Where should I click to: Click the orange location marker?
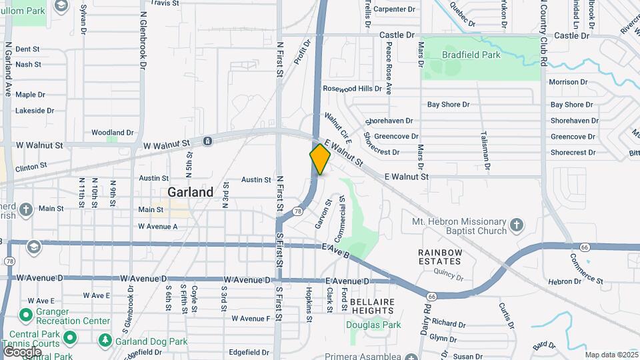(320, 159)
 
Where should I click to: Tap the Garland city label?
(191, 192)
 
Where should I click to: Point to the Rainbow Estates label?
(440, 257)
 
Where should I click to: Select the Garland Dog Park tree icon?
(104, 341)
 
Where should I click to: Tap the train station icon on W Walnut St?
(208, 141)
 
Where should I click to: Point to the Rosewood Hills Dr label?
(352, 88)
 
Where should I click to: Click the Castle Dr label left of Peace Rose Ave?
(397, 35)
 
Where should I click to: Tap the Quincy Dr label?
(448, 271)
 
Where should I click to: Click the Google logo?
(22, 351)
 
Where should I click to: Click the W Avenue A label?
(158, 227)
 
